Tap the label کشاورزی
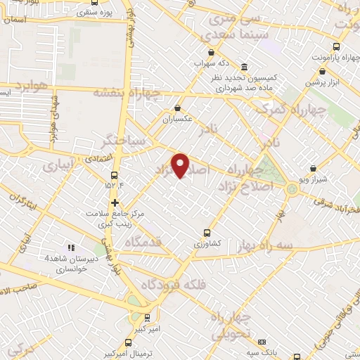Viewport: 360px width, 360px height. [x=207, y=243]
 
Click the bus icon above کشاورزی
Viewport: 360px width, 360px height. [x=207, y=232]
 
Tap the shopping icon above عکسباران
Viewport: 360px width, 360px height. [x=177, y=108]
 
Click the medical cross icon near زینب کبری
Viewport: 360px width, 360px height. [x=115, y=204]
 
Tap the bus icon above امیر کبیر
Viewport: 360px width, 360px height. [x=147, y=317]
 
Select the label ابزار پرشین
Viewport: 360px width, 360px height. [x=322, y=82]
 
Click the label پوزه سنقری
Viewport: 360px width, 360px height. [x=95, y=13]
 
